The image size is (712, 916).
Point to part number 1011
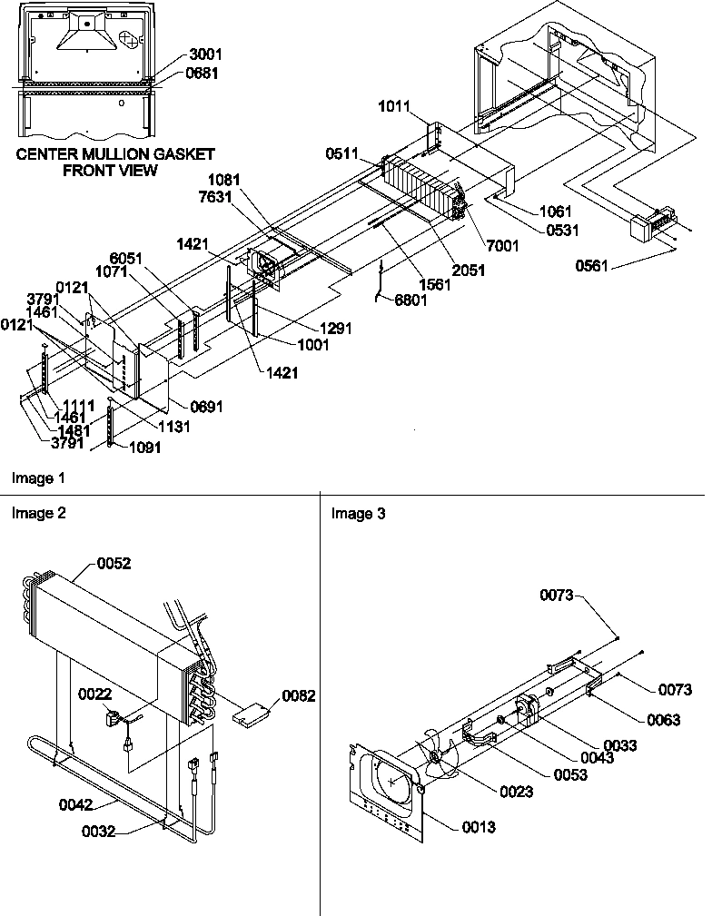[395, 108]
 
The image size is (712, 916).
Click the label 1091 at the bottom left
[146, 447]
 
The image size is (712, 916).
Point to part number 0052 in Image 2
[114, 563]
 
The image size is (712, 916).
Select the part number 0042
[77, 803]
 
